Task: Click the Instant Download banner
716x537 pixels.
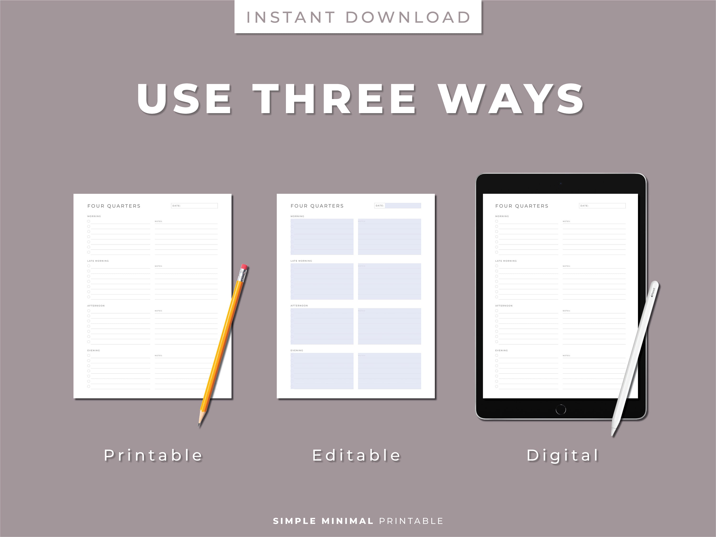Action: click(x=358, y=17)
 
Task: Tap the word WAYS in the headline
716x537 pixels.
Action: click(x=511, y=99)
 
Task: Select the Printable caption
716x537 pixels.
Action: click(x=153, y=455)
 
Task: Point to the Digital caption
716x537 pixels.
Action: click(x=563, y=455)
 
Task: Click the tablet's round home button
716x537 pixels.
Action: click(x=561, y=410)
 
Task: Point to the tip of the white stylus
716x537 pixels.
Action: click(x=612, y=434)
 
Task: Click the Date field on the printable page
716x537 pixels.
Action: click(x=194, y=205)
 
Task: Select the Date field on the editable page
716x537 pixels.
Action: click(x=397, y=205)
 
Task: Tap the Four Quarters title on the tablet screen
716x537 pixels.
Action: click(x=522, y=206)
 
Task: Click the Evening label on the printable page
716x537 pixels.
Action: click(x=94, y=350)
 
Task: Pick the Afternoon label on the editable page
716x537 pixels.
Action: click(x=299, y=305)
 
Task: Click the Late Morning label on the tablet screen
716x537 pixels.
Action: click(x=506, y=261)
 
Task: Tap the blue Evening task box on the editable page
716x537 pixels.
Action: click(x=322, y=371)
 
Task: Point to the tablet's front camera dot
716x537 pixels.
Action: click(x=561, y=183)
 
